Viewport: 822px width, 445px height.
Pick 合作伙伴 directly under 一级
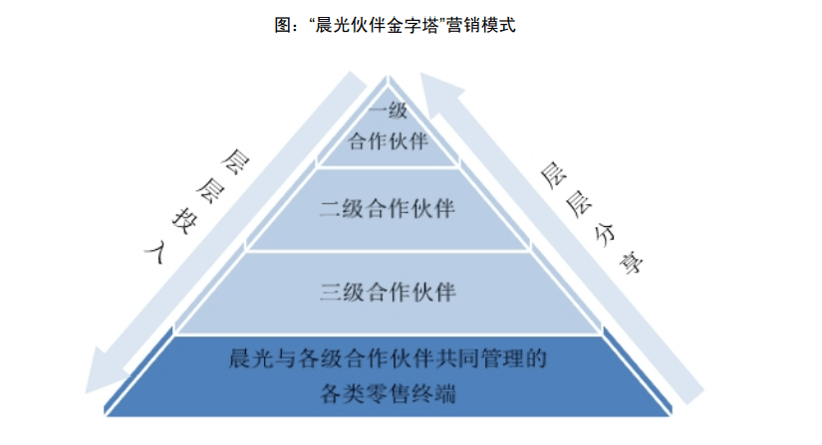(388, 140)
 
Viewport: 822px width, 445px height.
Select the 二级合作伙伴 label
(388, 209)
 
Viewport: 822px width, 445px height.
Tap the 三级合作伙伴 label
(388, 292)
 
